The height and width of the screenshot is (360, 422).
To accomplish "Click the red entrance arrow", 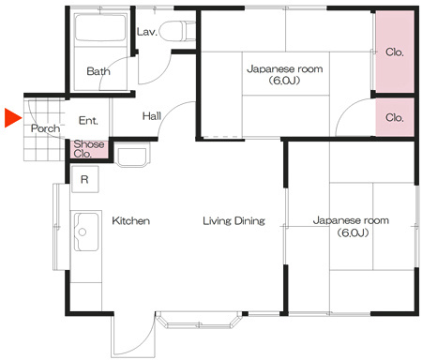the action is [12, 118].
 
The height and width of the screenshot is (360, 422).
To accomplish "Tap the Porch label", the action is [45, 128].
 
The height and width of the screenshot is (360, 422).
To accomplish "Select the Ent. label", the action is [88, 121].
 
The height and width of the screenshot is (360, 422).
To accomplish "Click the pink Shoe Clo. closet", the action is [89, 149].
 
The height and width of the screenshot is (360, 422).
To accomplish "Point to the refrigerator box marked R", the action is [85, 179].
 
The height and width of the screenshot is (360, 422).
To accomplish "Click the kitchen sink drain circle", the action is [83, 232].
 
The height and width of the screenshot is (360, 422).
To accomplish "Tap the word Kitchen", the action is [130, 221].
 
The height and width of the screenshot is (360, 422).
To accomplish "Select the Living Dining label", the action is [234, 221].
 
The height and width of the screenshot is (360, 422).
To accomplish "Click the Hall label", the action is [152, 116].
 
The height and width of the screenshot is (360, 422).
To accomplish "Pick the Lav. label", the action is [147, 32].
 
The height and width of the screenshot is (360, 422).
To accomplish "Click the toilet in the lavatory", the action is [177, 31].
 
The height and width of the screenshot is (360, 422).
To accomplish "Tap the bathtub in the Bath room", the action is [100, 28].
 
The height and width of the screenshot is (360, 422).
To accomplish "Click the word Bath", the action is [98, 71].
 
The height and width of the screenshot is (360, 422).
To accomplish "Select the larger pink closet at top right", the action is [395, 52].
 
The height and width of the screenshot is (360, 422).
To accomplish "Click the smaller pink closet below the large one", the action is [395, 117].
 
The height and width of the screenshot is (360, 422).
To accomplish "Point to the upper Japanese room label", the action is [285, 74].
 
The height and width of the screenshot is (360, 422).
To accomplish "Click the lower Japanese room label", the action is [352, 226].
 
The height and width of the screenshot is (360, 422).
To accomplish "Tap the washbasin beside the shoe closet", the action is [132, 155].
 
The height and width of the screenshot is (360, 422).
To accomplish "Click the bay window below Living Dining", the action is [199, 320].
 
